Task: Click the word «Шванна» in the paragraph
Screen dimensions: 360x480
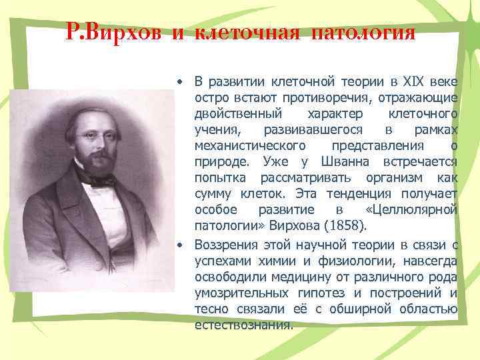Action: coord(333,162)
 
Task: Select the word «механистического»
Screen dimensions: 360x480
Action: coord(250,146)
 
